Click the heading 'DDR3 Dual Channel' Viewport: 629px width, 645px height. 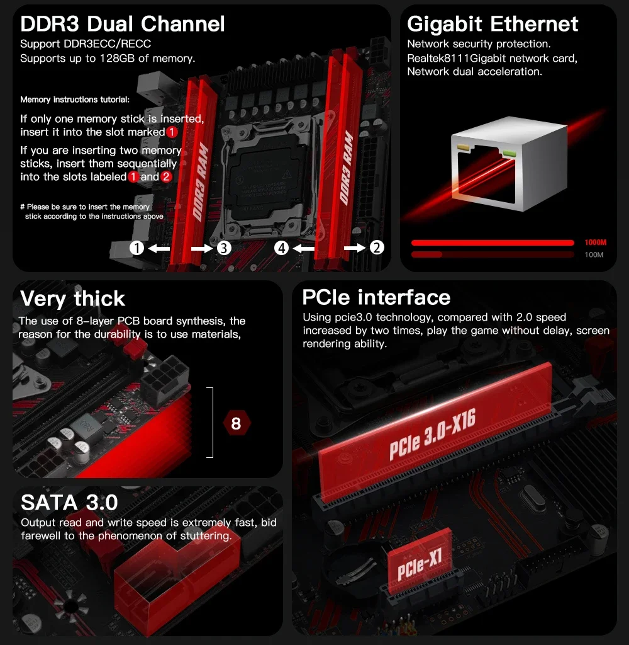coord(122,25)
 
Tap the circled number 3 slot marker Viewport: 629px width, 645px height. coord(224,248)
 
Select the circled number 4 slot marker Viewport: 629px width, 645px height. coord(282,248)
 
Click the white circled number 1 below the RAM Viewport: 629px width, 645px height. coord(136,248)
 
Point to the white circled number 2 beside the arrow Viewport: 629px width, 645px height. coord(376,248)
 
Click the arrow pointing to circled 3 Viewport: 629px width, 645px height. coord(202,248)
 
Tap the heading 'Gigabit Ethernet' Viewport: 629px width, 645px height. coord(493,24)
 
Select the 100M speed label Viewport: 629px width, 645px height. coord(593,254)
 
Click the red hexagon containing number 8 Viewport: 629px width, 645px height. coord(236,423)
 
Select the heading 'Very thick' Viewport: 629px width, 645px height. coord(73,298)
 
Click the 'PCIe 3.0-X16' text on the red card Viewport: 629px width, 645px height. coord(431,438)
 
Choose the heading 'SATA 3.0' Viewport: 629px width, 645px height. coord(69,503)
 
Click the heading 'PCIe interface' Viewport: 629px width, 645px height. coord(376,297)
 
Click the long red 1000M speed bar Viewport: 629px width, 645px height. coord(492,243)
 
